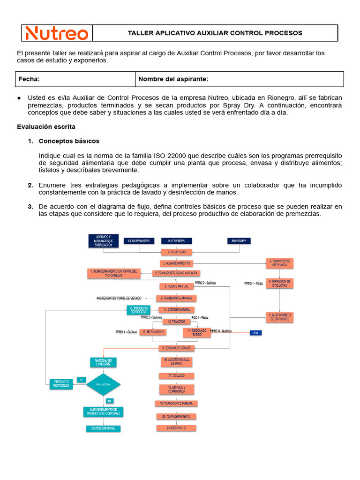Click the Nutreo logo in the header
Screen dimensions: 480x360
(x=57, y=33)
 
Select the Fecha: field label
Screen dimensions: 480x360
(x=29, y=79)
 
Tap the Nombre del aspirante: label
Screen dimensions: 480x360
(x=173, y=79)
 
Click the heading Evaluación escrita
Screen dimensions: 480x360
(x=46, y=127)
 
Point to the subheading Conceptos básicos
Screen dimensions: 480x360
(x=69, y=141)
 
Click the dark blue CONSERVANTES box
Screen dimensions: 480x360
(x=139, y=241)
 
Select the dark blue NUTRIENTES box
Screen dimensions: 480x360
(x=176, y=241)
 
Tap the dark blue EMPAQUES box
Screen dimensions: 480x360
(x=239, y=241)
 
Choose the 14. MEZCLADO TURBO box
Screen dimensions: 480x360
(x=197, y=332)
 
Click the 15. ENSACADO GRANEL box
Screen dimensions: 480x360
(x=176, y=348)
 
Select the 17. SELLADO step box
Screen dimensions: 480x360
(x=176, y=376)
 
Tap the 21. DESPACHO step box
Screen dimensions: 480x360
(x=176, y=428)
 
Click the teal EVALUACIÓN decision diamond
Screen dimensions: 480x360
(x=104, y=384)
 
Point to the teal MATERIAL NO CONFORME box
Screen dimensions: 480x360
(x=103, y=362)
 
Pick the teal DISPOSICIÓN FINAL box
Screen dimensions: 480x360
(x=103, y=428)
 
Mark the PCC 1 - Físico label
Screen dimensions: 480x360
(x=200, y=317)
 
